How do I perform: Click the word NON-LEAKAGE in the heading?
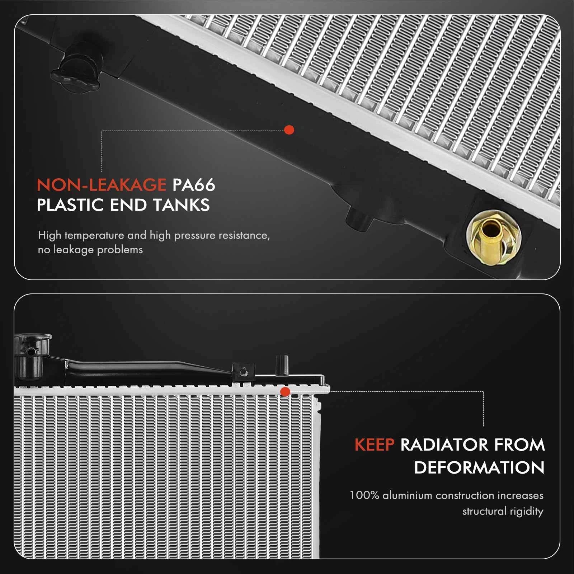[101, 185]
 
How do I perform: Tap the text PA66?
[194, 185]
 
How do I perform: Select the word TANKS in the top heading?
[181, 205]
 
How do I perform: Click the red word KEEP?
[374, 445]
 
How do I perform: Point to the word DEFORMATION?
[479, 468]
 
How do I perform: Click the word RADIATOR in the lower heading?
[444, 445]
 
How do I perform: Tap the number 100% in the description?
[364, 495]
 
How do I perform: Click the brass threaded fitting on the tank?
[494, 237]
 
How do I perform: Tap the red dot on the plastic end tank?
[289, 130]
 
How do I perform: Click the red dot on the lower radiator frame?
[285, 392]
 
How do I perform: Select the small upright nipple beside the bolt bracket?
[282, 365]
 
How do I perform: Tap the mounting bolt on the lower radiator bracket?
[243, 372]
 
